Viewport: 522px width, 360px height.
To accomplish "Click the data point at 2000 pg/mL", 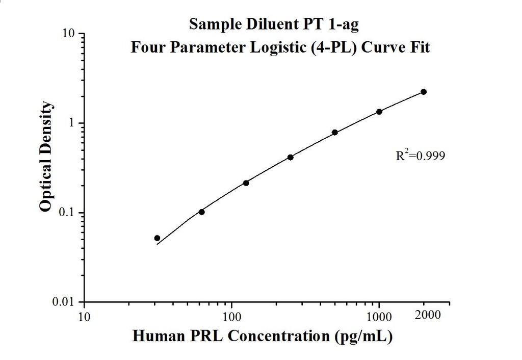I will (423, 92).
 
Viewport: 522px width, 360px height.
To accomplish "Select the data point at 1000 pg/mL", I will (379, 112).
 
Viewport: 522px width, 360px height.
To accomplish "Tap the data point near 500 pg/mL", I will (335, 133).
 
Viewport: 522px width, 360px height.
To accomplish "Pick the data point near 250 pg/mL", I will (291, 158).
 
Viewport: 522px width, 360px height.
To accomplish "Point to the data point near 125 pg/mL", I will (246, 183).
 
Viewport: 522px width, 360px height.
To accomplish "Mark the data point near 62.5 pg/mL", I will (202, 212).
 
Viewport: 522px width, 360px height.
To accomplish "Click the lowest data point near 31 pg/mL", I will (158, 238).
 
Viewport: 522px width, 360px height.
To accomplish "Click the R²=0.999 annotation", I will (421, 156).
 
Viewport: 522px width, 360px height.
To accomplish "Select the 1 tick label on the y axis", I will (72, 123).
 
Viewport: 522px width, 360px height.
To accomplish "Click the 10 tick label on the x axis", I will (85, 317).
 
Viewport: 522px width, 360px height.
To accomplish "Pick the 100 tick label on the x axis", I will (232, 317).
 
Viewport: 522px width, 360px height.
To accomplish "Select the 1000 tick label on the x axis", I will (379, 317).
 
